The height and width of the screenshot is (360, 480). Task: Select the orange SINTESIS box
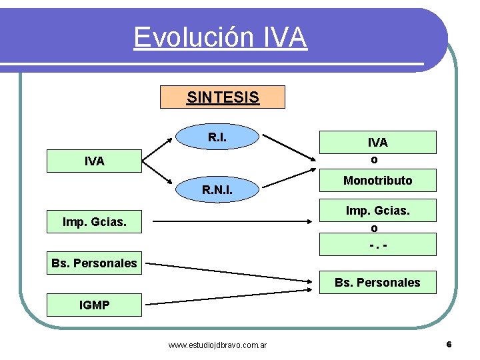click(x=223, y=97)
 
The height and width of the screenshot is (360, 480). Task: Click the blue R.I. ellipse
click(x=216, y=137)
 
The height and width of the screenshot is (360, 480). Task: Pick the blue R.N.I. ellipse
click(x=217, y=191)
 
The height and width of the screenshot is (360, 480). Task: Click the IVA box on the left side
click(x=94, y=161)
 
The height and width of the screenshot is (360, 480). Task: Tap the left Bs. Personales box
click(x=94, y=263)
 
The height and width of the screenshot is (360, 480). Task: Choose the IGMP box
click(x=94, y=305)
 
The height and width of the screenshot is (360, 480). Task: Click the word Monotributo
click(x=377, y=181)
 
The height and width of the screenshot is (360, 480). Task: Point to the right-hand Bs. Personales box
click(x=377, y=283)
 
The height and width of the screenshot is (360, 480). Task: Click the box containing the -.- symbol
click(x=378, y=245)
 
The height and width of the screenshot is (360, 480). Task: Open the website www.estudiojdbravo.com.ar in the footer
click(x=217, y=345)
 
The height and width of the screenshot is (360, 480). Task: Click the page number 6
click(x=449, y=345)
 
